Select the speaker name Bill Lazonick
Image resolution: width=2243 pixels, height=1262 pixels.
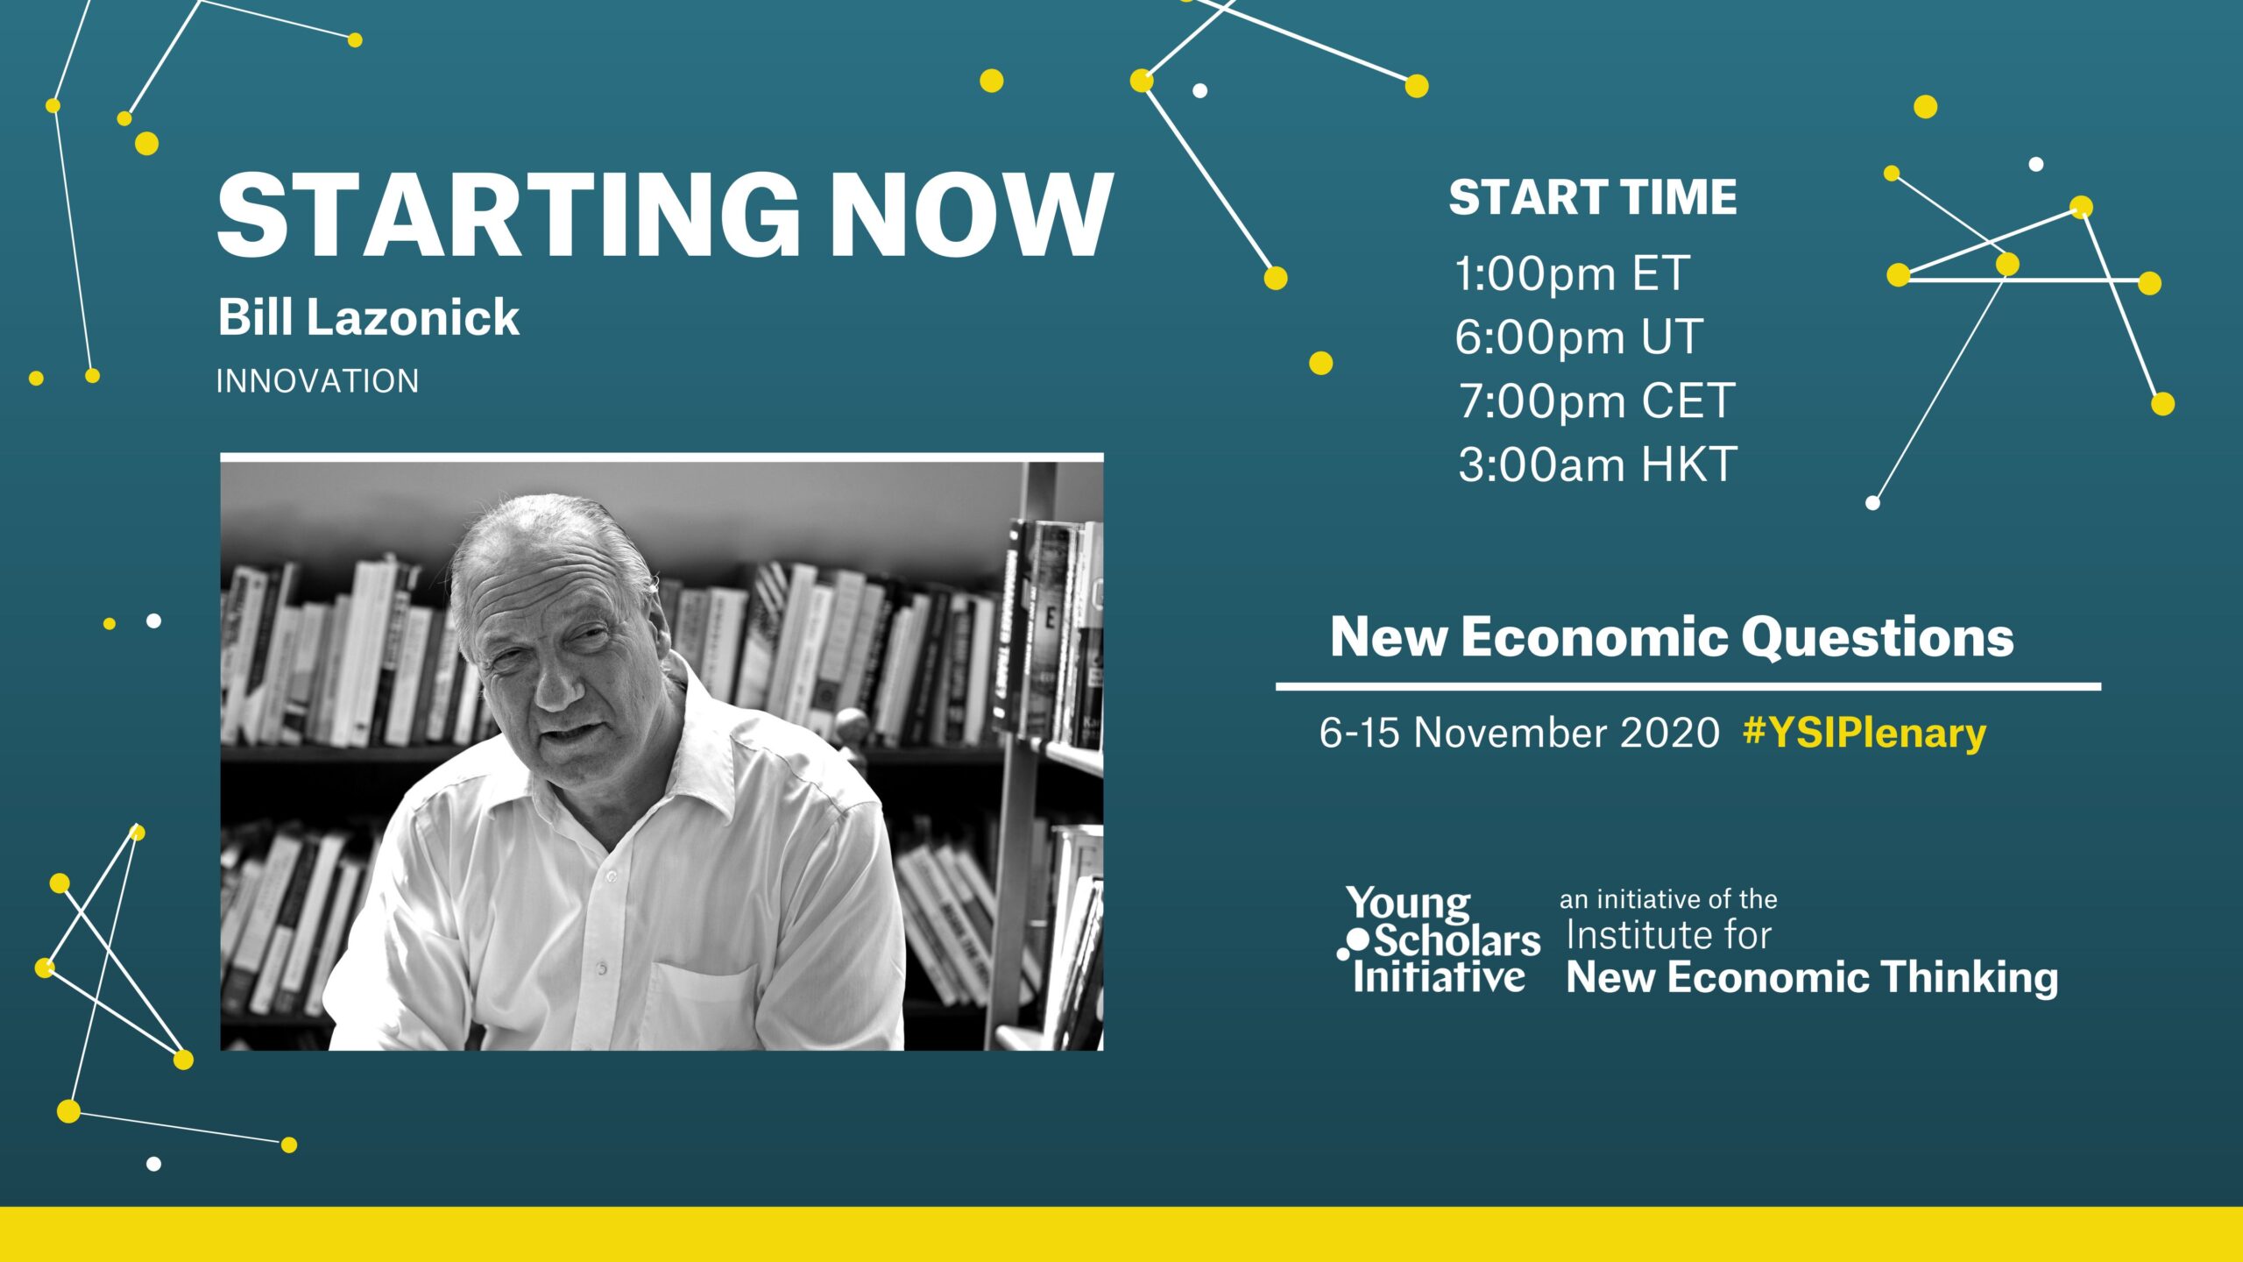tap(368, 316)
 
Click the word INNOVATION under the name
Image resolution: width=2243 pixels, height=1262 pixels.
tap(317, 381)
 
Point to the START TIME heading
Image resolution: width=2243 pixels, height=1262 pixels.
tap(1593, 197)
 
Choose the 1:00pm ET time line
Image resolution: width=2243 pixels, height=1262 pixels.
tap(1572, 273)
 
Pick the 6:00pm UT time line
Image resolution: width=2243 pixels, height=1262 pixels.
tap(1579, 337)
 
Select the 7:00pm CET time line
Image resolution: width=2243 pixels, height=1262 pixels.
tap(1596, 401)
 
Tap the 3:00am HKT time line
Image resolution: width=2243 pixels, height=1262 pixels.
tap(1597, 464)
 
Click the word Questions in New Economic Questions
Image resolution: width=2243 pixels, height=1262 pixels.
tap(1878, 637)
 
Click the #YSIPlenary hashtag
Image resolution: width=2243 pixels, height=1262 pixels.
tap(1864, 733)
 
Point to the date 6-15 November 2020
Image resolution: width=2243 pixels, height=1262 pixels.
tap(1519, 733)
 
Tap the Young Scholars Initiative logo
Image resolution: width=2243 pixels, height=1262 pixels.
tap(1439, 939)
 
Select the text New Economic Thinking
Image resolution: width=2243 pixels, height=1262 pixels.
tap(1812, 977)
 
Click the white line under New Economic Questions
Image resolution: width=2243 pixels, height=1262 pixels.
tap(1688, 686)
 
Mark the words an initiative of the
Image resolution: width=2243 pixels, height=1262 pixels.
tap(1668, 899)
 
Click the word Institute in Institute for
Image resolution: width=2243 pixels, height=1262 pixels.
tap(1634, 935)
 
